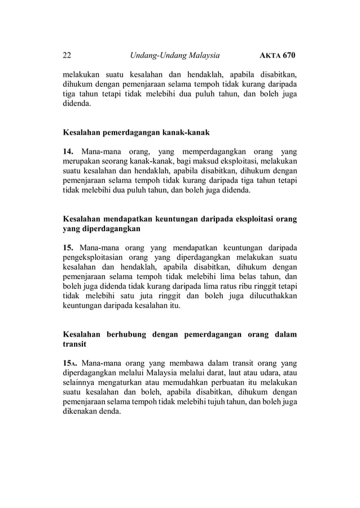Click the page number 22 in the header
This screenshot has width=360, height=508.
(x=67, y=56)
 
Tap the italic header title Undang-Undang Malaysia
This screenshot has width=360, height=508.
(x=174, y=56)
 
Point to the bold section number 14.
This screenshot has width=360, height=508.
(x=68, y=152)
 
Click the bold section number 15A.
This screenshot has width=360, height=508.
(x=70, y=364)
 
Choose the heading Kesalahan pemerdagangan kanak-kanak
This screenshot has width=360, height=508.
(x=136, y=132)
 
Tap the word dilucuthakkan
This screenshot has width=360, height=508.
(x=268, y=296)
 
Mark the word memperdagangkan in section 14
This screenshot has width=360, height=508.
(x=216, y=152)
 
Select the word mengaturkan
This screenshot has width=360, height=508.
(x=121, y=383)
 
